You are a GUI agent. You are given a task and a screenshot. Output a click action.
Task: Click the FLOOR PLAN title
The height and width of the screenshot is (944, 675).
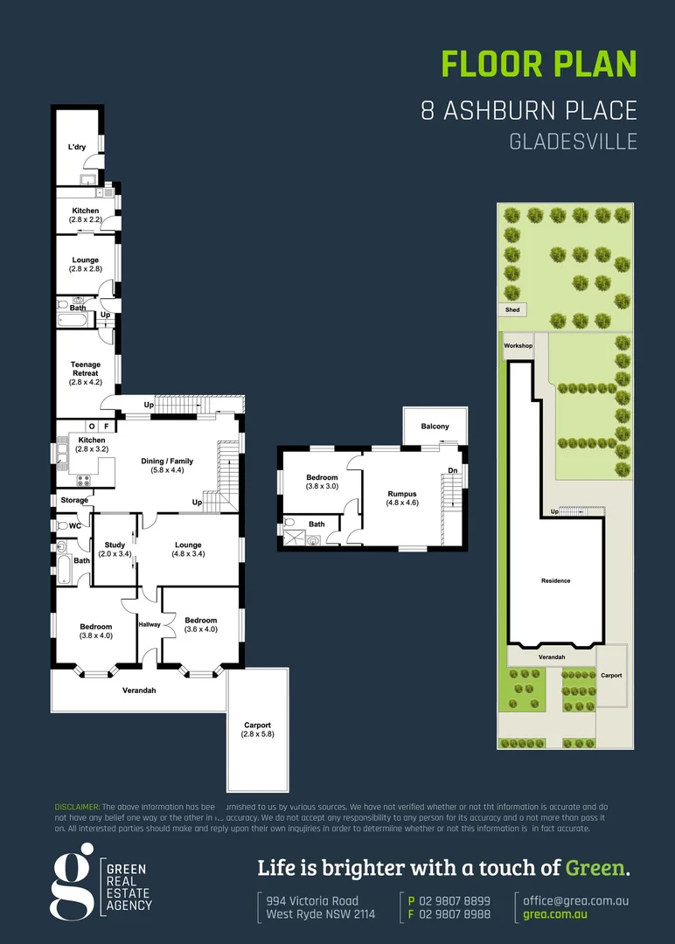[x=539, y=64]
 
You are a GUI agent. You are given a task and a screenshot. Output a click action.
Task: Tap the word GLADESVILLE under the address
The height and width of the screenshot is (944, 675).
[x=573, y=142]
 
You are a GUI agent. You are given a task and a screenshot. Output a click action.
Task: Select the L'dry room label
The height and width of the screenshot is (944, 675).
[x=77, y=147]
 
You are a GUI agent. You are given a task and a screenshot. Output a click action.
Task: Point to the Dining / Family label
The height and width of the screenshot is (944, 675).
[x=167, y=466]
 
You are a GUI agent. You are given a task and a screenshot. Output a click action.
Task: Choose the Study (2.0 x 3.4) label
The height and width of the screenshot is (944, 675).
[x=114, y=549]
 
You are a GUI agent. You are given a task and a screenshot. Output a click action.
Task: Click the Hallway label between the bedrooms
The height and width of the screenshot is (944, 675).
[x=150, y=624]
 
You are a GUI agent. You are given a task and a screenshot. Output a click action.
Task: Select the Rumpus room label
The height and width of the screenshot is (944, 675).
[x=402, y=498]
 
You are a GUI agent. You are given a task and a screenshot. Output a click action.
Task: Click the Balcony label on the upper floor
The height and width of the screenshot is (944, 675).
[x=435, y=427]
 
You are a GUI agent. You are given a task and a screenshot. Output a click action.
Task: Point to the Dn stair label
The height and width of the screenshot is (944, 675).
[x=452, y=471]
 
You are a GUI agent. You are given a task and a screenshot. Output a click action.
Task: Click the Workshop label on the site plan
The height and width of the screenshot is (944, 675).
[x=518, y=346]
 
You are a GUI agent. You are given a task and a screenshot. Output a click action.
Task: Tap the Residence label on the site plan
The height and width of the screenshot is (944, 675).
[x=555, y=580]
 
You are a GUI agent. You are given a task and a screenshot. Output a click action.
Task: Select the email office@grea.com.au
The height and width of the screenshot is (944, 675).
[x=576, y=900]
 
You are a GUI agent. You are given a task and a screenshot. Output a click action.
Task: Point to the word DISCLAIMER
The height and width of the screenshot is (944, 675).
[x=77, y=806]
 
